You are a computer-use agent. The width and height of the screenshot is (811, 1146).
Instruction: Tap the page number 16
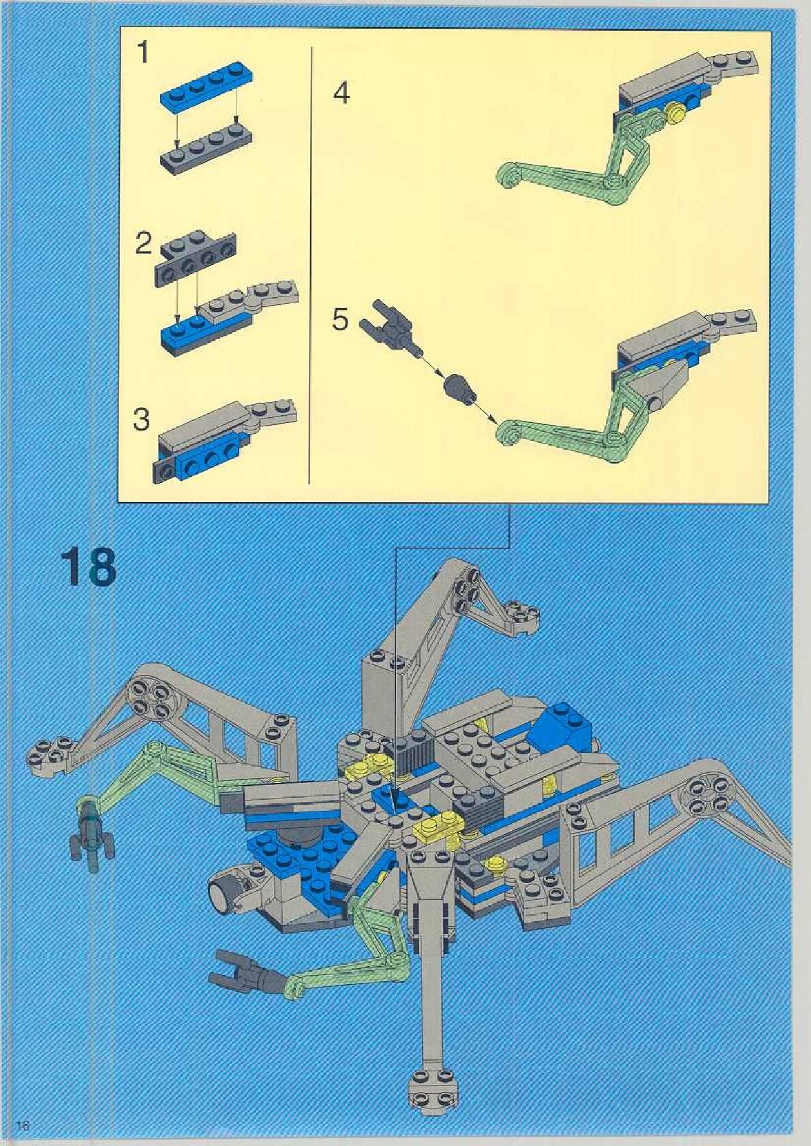[x=22, y=1126]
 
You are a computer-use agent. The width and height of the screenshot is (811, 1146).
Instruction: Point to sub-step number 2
[x=142, y=244]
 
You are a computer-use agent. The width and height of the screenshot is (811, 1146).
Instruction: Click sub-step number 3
[x=141, y=420]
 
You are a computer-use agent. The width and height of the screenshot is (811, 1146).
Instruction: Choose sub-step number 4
[x=341, y=93]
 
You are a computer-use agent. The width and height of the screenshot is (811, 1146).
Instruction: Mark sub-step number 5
[x=340, y=319]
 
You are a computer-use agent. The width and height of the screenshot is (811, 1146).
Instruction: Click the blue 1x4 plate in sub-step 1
[x=202, y=87]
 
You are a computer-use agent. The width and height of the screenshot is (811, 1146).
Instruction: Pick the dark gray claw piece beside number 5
[x=393, y=327]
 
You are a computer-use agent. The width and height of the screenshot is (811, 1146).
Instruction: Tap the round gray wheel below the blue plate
[x=225, y=889]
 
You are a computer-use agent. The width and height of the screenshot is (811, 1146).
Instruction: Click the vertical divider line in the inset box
[x=311, y=266]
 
